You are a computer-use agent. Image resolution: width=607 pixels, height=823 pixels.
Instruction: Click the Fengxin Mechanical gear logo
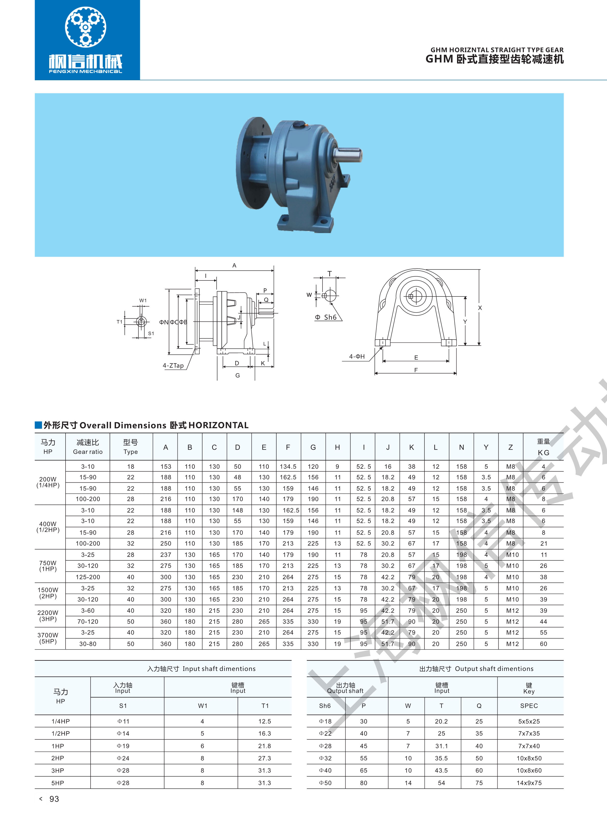[86, 27]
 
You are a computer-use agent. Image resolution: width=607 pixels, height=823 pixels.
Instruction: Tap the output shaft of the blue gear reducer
[349, 154]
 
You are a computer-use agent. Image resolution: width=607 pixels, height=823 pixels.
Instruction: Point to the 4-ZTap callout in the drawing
[173, 366]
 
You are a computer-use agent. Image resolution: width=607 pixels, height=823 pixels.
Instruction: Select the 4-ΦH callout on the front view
[357, 356]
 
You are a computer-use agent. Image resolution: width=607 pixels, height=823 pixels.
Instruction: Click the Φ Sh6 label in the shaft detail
[326, 317]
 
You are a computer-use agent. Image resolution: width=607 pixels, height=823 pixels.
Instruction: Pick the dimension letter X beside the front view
[480, 308]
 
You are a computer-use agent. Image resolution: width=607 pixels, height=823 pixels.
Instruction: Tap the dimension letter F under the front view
[416, 370]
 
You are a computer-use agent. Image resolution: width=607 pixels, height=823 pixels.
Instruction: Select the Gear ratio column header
[88, 452]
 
